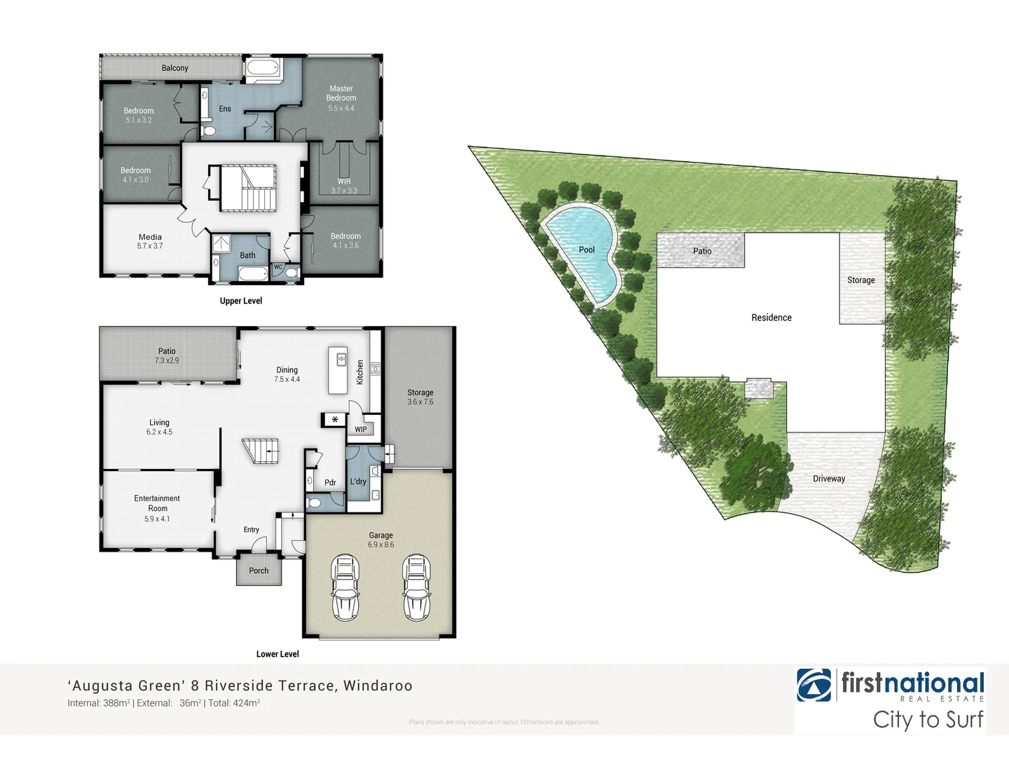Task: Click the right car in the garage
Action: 416,587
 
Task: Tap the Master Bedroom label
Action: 341,93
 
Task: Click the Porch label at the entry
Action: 259,571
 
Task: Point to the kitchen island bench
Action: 338,370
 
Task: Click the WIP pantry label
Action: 361,430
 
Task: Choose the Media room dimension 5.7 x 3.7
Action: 150,246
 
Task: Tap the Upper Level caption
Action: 241,301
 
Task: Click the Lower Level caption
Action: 277,654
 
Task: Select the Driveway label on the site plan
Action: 829,479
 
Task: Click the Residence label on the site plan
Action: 771,318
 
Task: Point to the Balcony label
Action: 174,68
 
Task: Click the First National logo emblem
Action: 814,685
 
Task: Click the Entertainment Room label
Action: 157,503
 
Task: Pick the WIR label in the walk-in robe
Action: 344,181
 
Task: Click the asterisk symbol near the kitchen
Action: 335,420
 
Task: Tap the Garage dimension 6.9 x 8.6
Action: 381,545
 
